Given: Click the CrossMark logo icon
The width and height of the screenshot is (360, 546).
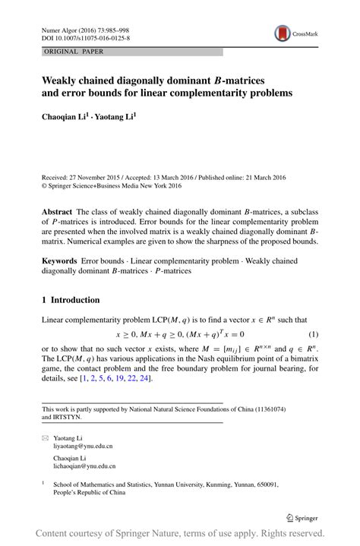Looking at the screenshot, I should [284, 33].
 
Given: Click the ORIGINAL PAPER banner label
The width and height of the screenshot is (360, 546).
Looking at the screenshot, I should [71, 52].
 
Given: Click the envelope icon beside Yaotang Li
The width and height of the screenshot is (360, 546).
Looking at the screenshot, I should [44, 439].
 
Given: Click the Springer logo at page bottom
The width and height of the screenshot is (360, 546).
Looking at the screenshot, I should [302, 517].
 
